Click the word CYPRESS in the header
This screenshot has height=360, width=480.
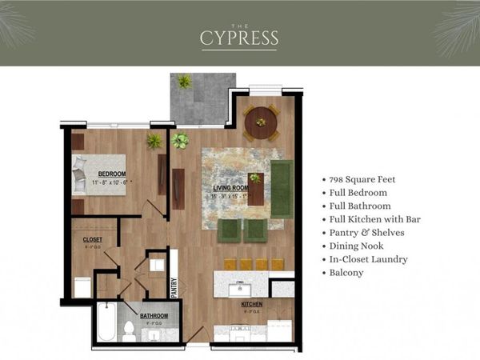(x=240, y=38)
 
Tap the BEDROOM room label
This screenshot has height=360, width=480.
(x=111, y=174)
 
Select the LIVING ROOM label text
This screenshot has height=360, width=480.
(x=230, y=188)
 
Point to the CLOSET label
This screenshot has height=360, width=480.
(x=93, y=239)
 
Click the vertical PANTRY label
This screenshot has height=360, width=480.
(x=174, y=286)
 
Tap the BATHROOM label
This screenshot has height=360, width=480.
(x=154, y=316)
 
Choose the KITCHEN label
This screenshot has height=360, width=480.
(x=253, y=305)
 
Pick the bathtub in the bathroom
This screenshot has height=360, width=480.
(x=106, y=322)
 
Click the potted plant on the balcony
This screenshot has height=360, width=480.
(x=186, y=82)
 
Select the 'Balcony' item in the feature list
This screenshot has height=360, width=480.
(x=346, y=273)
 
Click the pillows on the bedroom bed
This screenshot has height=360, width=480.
(x=79, y=174)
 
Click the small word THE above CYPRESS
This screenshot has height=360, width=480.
(x=240, y=22)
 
